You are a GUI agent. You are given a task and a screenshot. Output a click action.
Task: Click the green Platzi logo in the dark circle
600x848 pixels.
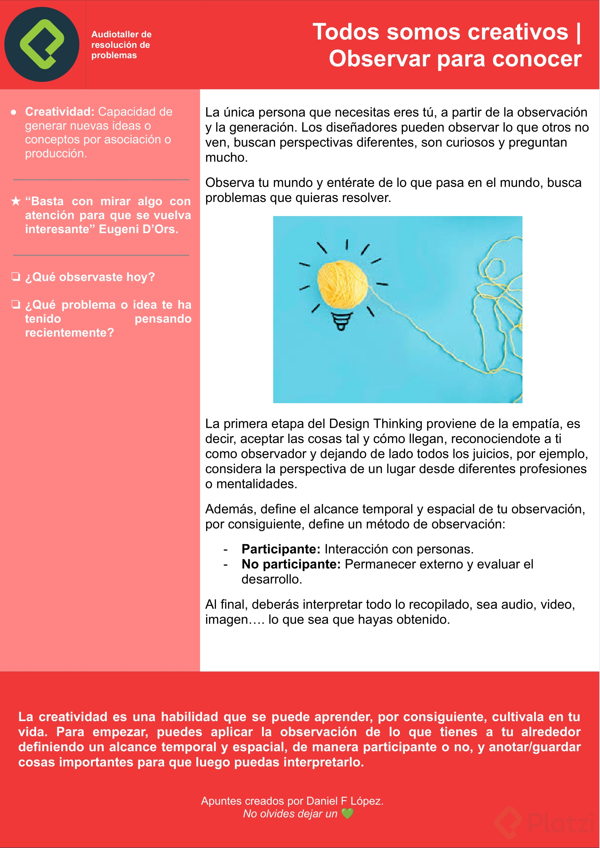click(x=42, y=44)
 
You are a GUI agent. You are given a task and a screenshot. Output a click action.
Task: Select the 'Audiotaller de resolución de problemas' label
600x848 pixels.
click(x=121, y=45)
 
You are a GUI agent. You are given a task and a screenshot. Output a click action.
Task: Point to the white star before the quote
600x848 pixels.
click(x=16, y=202)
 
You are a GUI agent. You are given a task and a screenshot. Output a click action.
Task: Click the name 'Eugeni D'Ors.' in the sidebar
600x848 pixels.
click(x=138, y=229)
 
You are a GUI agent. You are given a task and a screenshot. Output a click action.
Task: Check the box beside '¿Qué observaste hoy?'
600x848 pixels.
click(x=16, y=277)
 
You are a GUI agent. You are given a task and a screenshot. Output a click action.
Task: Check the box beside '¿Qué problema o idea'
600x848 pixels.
click(x=16, y=304)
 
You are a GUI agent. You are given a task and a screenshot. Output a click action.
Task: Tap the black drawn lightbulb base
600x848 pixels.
click(x=341, y=321)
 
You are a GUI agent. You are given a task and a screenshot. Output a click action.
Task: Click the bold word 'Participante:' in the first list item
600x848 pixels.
click(x=281, y=549)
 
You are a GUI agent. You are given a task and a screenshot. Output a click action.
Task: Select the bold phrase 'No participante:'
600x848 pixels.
click(x=291, y=564)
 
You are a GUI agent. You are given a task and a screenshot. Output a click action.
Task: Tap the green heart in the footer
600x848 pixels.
click(x=347, y=814)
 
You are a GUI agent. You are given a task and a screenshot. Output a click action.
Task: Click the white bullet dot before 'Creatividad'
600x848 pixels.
click(x=14, y=112)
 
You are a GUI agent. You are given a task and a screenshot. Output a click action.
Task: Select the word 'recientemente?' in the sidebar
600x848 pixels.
click(x=70, y=333)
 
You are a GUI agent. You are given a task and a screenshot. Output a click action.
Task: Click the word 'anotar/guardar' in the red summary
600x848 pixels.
click(x=535, y=747)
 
